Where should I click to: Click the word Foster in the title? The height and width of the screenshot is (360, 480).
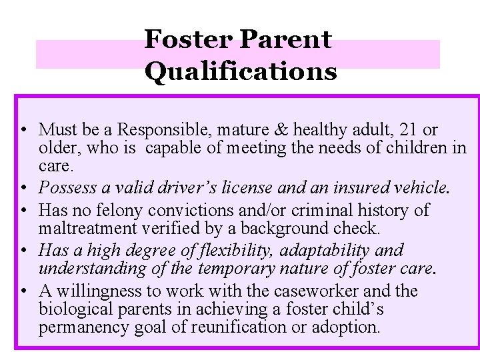point(188,40)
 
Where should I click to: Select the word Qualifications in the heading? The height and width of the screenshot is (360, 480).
point(240,71)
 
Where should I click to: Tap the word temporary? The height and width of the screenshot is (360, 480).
point(230,269)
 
